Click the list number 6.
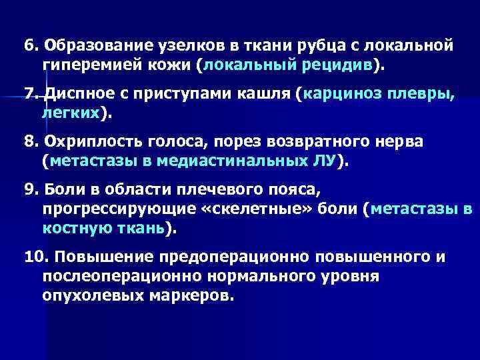[29, 47]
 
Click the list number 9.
[29, 189]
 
